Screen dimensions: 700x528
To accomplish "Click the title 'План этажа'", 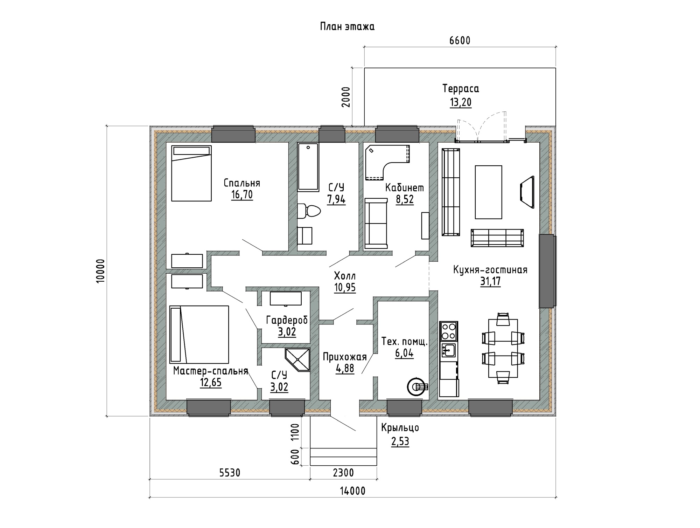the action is tap(347, 27).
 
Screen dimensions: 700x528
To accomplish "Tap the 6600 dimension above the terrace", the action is tap(460, 41).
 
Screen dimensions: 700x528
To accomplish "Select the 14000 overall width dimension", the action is tap(352, 491).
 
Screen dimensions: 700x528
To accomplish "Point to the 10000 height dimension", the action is tap(100, 271).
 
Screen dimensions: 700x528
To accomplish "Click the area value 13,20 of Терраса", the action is tap(461, 102).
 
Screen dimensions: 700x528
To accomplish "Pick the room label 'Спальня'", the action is tap(241, 183).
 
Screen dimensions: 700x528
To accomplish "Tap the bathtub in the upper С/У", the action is tap(308, 167).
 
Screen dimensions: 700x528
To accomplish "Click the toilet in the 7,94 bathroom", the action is tap(309, 211).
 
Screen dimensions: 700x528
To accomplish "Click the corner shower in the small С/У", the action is tap(297, 359).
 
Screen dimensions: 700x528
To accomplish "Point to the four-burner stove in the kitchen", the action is tap(448, 331).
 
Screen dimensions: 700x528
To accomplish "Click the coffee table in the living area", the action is tap(488, 192).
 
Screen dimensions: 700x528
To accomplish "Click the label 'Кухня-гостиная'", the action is tap(490, 270).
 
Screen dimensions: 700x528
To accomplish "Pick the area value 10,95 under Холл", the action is tap(345, 288).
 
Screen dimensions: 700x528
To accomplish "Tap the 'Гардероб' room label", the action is tap(287, 320).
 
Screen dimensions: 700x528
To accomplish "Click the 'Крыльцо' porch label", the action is tap(400, 428).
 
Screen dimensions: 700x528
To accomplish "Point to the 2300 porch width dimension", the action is tap(343, 473).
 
